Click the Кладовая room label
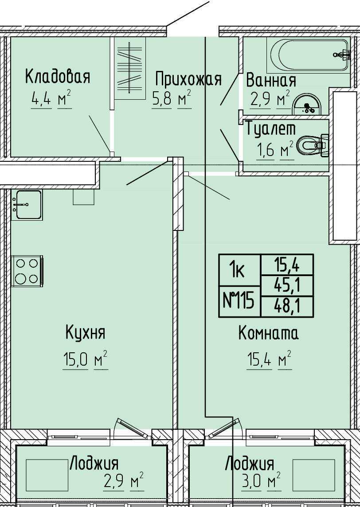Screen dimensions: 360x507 tap(58, 77)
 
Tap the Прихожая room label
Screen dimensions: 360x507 tap(188, 79)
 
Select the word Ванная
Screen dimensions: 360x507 tap(271, 80)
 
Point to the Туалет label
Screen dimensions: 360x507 tap(271, 129)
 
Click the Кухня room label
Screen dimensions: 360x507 tap(86, 332)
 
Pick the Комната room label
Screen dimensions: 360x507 tap(269, 333)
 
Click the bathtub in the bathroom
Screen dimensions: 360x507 tap(309, 55)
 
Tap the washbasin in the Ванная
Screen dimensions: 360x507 tap(306, 105)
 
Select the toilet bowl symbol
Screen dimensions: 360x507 tap(313, 145)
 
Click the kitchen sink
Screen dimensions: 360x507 tap(27, 205)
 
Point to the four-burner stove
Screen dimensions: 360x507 tap(27, 271)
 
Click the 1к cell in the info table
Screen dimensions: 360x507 tap(239, 270)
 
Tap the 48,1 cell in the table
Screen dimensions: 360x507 tap(287, 307)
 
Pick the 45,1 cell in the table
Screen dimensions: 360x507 tap(287, 285)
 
